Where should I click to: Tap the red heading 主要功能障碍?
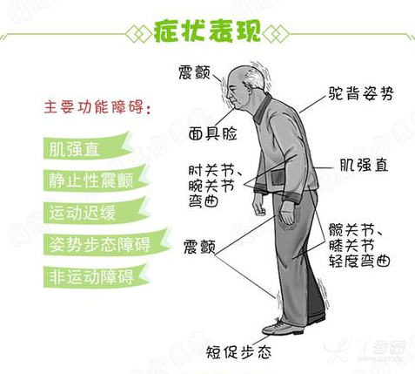pos(96,111)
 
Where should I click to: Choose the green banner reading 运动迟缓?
pos(85,212)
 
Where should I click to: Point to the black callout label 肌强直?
pos(363,164)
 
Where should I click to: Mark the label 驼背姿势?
pos(358,93)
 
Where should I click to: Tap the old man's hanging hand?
pos(258,207)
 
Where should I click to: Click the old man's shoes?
pos(280,327)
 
